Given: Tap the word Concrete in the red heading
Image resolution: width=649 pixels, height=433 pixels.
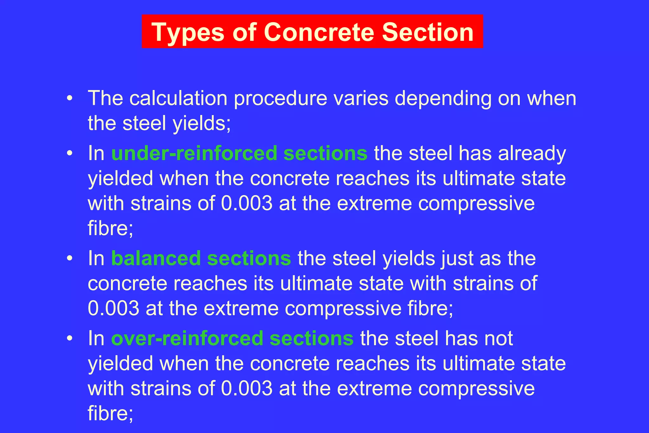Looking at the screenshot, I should coord(319,32).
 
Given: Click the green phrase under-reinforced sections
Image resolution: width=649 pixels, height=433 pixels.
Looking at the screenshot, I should coord(239,153).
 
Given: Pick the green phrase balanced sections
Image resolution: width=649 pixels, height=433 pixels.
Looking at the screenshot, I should coord(201,258).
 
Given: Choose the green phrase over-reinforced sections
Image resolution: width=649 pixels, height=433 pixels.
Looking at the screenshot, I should coord(232,338).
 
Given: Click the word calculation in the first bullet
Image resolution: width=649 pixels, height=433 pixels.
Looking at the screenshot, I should coord(178,98).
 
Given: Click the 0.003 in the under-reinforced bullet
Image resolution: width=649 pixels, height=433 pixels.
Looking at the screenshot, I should coord(247,203).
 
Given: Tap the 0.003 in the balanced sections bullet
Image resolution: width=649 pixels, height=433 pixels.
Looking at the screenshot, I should coord(113,308).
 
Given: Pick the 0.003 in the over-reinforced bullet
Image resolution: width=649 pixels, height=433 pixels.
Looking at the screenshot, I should coord(247,388).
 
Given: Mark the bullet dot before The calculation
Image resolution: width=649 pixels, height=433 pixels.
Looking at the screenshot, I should coord(70,99).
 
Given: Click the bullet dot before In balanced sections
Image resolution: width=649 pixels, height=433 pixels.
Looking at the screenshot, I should coord(70,258).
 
